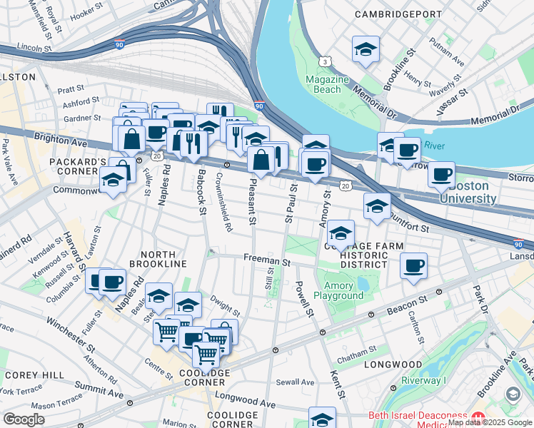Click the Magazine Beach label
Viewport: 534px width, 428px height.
327,84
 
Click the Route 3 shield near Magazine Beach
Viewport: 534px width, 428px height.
325,62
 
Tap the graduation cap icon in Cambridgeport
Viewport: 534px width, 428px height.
366,49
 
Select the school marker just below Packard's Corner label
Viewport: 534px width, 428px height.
113,181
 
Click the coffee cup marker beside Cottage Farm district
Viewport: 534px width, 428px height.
413,266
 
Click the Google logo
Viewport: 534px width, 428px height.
24,419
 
